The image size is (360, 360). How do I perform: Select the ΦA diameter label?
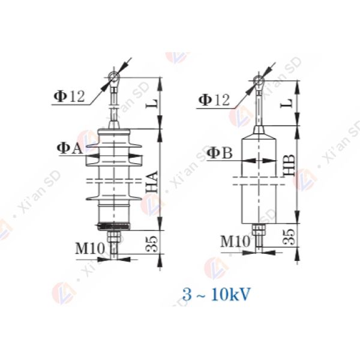(70, 148)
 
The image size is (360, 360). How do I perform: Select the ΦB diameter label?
(219, 154)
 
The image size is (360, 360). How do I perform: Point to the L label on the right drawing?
(289, 102)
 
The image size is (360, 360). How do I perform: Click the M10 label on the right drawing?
(233, 241)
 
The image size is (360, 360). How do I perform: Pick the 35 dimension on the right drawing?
(289, 235)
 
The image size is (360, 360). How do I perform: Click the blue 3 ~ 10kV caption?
(217, 295)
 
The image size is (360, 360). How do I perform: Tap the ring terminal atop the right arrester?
(257, 80)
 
